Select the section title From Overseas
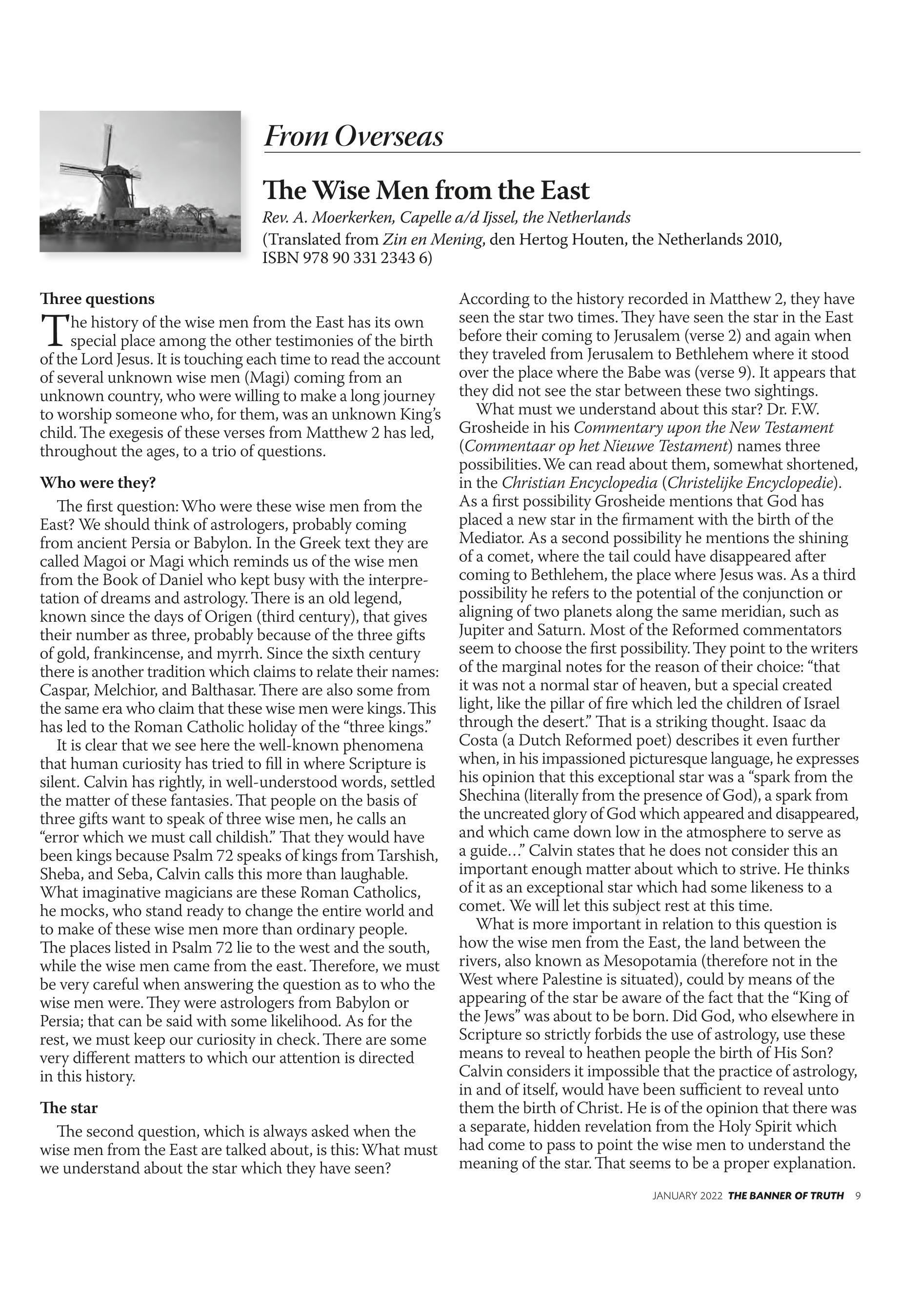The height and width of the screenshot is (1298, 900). [354, 137]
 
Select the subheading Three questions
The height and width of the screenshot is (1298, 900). [97, 299]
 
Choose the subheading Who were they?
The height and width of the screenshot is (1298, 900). [98, 483]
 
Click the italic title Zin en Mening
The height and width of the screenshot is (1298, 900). [433, 240]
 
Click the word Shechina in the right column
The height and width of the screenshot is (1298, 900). [491, 795]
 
